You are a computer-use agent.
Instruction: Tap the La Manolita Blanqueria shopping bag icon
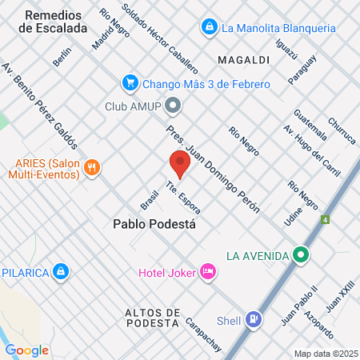210,28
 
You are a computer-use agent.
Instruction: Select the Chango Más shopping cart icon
130,82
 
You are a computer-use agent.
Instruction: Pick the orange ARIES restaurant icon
94,167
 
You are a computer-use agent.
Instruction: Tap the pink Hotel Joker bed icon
207,272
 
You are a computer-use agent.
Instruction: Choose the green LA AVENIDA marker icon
301,256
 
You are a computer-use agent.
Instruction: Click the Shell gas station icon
254,320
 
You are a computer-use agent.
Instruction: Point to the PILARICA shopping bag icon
60,272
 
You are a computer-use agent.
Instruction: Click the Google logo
26,350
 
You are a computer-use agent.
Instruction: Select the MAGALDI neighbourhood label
242,59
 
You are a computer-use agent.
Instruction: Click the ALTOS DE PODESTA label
152,317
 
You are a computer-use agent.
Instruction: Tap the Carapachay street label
203,334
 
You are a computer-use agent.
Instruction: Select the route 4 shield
325,219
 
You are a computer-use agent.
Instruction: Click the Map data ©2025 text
324,353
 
